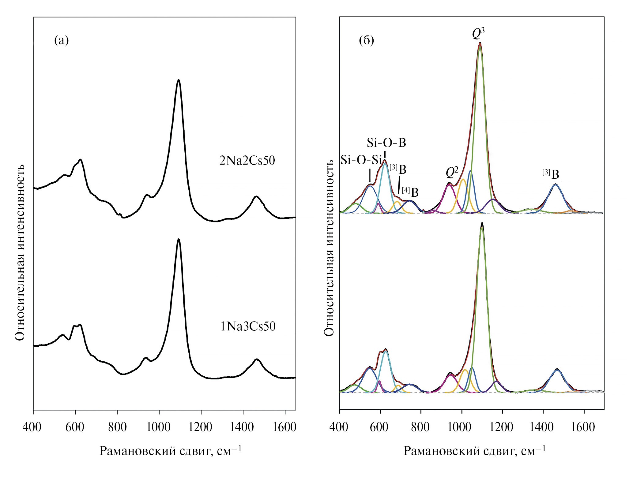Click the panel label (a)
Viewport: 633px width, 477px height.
(x=61, y=40)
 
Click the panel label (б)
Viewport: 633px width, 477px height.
(x=366, y=40)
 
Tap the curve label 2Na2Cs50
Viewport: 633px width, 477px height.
(x=247, y=161)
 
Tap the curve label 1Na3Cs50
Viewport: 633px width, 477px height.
(x=248, y=326)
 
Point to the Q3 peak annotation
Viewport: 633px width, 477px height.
(x=478, y=34)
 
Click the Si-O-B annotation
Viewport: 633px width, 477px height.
(x=386, y=143)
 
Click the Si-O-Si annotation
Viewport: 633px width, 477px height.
(x=361, y=160)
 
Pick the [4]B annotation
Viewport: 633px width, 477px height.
(x=410, y=192)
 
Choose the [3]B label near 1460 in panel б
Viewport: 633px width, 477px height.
(x=551, y=174)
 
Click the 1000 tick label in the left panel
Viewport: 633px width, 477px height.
(x=159, y=427)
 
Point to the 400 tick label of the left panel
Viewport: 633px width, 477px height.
(x=32, y=427)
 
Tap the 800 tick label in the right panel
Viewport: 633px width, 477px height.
(x=420, y=427)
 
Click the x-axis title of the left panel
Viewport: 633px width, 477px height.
(x=170, y=451)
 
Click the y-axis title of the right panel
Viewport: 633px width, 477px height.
(x=329, y=248)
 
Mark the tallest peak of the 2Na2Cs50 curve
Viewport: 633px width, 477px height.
(x=179, y=80)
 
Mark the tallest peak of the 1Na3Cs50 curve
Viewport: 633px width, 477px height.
(x=179, y=239)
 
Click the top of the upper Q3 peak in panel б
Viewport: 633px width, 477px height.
(x=480, y=43)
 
